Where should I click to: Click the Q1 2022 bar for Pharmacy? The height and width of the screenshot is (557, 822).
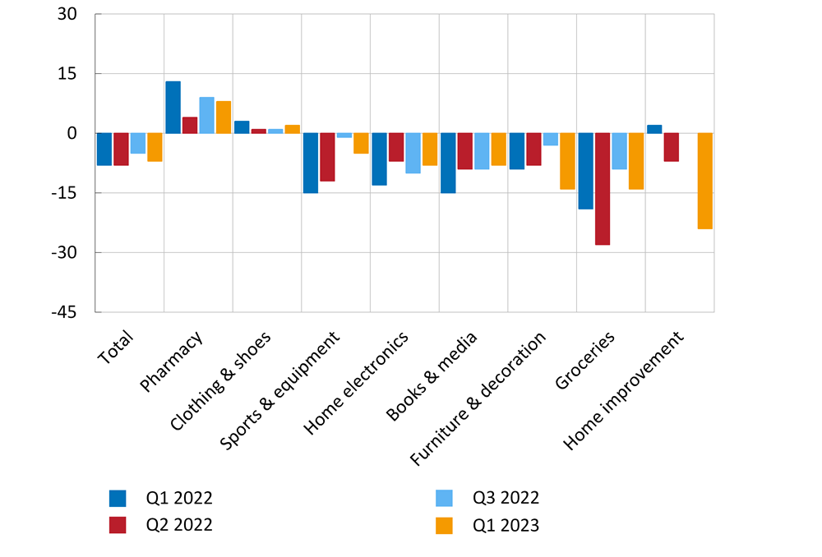point(173,107)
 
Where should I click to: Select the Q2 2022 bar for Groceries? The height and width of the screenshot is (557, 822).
point(603,189)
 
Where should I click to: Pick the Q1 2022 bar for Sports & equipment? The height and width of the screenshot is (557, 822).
point(310,163)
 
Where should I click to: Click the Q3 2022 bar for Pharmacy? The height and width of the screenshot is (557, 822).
point(206,115)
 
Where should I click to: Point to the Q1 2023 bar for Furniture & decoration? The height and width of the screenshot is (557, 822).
point(567,161)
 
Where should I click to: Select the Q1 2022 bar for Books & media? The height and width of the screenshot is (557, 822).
point(448,163)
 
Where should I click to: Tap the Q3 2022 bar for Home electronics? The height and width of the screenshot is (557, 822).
point(413,153)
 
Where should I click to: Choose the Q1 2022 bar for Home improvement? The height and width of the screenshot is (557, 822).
point(654,129)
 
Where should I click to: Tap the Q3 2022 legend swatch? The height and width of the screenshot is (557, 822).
point(446,498)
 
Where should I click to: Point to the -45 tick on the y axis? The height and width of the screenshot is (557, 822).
point(65,312)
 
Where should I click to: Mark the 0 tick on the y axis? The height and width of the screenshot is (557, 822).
point(73,133)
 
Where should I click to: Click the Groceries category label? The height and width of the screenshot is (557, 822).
point(585,361)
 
